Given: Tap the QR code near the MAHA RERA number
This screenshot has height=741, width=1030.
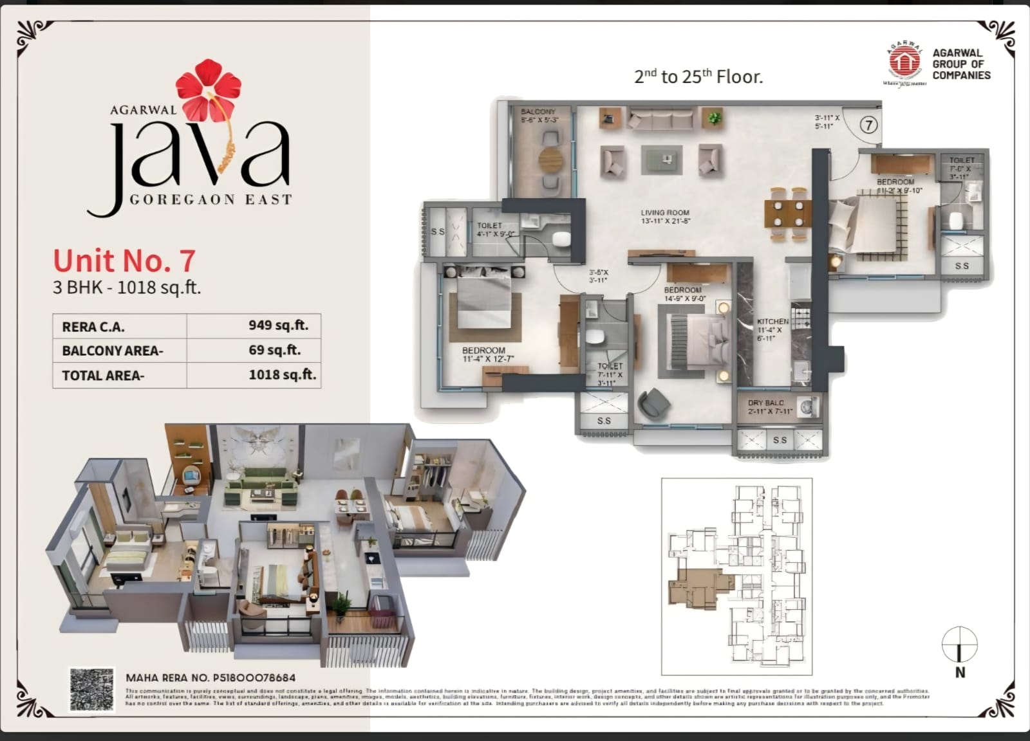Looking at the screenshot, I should point(92,690).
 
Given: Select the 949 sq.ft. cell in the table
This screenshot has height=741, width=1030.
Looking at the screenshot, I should point(278,325).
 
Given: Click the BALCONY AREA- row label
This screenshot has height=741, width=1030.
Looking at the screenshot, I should point(113,351).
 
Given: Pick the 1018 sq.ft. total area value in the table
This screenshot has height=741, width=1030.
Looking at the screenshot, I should point(282,375).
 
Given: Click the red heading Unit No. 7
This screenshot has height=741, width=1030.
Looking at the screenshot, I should point(124,261).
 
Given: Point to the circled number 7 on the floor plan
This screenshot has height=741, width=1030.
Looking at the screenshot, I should point(868,125).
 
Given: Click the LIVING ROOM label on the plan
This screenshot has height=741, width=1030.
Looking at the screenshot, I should point(664,213).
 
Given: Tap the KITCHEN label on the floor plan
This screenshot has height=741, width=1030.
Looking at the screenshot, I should point(772,322).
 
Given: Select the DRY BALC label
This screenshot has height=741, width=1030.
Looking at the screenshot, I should point(765,403).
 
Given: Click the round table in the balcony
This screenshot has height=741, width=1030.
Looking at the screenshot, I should point(550,159).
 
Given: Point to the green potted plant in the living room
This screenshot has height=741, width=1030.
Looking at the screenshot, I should point(713,118).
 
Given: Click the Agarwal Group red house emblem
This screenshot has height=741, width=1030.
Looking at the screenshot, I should point(904,62).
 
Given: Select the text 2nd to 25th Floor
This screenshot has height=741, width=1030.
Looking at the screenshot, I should point(698,77).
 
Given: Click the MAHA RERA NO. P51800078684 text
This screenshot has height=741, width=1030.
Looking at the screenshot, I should point(211,677).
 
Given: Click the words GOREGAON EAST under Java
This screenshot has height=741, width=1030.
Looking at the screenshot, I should point(211,199).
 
